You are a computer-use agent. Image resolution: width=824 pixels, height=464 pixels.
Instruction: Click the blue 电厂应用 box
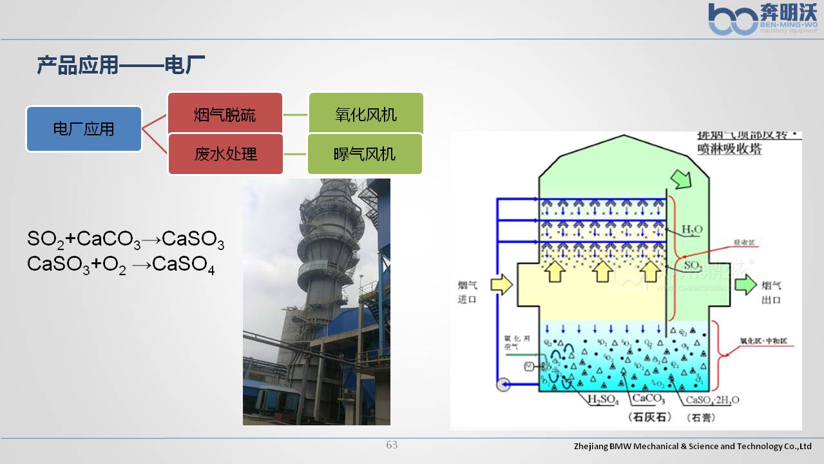84,129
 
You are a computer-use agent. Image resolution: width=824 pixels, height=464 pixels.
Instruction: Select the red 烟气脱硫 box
225,115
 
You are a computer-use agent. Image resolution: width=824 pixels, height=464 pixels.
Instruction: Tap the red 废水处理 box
225,154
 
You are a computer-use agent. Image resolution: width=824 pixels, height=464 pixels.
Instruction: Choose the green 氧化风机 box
366,115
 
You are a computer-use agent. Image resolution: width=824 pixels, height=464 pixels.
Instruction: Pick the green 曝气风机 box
365,154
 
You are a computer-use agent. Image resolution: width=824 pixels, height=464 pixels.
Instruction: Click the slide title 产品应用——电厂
120,65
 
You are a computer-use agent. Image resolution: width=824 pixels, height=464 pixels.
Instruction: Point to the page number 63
392,445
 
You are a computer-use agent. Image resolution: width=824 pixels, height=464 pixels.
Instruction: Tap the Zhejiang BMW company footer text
693,446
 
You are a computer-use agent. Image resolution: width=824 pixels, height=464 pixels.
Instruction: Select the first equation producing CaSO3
126,240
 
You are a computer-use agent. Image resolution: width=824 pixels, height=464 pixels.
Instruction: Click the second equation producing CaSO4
121,265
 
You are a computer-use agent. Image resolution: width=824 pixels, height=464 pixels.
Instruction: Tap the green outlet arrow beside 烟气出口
746,284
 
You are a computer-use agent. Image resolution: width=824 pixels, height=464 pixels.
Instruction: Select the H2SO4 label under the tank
603,400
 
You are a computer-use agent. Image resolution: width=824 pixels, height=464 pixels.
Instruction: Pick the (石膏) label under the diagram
700,418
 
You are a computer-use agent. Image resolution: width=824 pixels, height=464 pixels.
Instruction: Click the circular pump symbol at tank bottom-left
503,385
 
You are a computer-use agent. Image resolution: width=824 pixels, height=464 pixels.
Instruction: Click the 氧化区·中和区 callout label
767,341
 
